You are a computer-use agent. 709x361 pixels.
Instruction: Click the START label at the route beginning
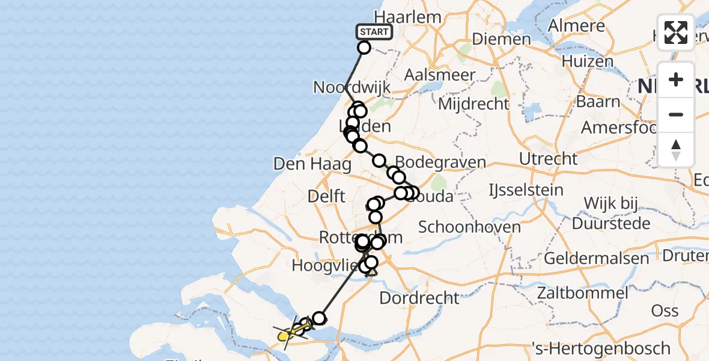tap(374, 32)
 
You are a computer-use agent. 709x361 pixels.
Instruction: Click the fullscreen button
tap(676, 32)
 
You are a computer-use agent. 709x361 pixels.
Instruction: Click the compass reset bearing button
tap(676, 150)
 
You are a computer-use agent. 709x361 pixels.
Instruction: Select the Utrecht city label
tap(549, 159)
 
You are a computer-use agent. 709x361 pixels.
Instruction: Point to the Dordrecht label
tap(420, 297)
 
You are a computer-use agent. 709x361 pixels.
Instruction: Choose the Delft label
tap(326, 196)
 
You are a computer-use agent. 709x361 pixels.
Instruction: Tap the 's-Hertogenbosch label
tap(601, 348)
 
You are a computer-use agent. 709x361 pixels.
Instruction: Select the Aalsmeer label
tap(440, 75)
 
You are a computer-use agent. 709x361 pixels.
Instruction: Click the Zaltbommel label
tap(583, 294)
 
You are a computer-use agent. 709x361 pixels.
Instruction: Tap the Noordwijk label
tap(352, 87)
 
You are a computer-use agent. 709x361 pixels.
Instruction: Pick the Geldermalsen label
tap(597, 259)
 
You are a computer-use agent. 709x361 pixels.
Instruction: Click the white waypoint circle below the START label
tap(364, 48)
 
